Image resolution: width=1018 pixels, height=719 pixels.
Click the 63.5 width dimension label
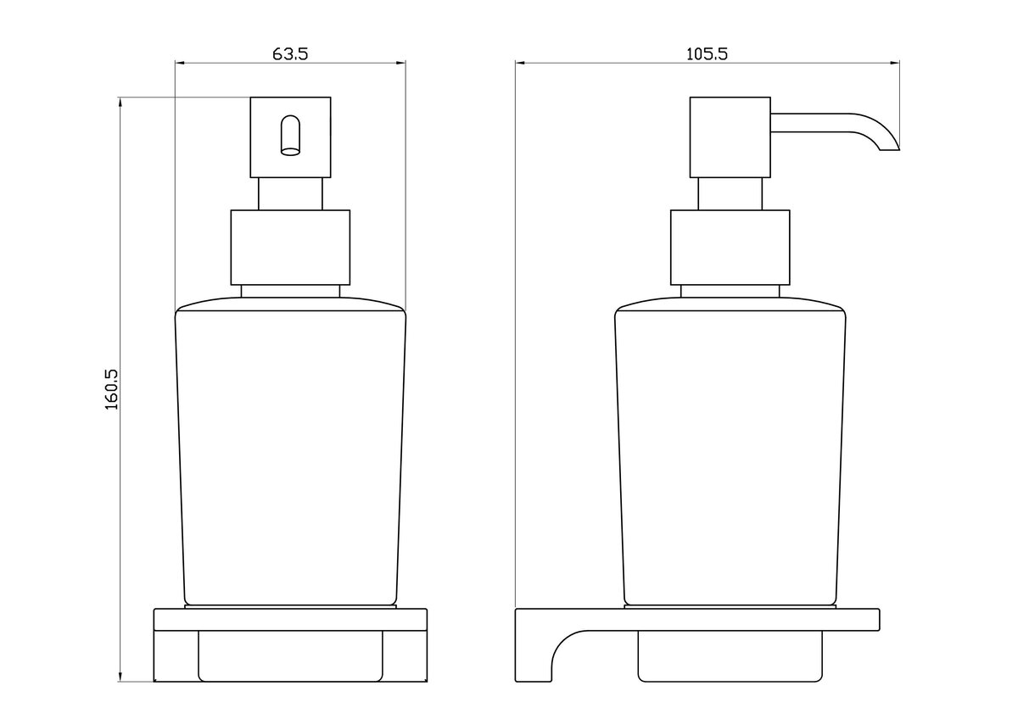click(290, 54)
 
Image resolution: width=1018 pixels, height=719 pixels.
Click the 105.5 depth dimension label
click(707, 54)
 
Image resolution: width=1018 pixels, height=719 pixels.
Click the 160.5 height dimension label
click(112, 389)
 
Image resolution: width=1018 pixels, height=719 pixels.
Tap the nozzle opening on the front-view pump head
click(290, 136)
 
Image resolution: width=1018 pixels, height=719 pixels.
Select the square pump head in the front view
click(290, 137)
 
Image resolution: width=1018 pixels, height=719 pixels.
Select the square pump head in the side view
click(730, 137)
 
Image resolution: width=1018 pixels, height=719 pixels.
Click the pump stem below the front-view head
click(290, 194)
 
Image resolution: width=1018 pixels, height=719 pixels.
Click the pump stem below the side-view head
click(730, 194)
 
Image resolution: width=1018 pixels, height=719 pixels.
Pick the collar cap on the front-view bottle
click(290, 248)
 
